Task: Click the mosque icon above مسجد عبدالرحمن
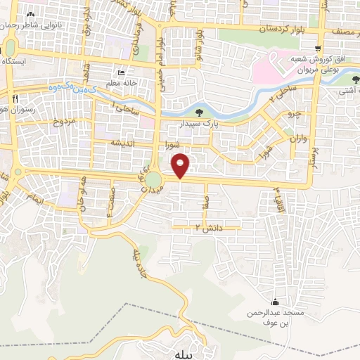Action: (283, 300)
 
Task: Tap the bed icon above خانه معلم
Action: (122, 73)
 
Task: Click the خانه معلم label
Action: (121, 82)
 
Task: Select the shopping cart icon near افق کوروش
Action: (319, 49)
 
